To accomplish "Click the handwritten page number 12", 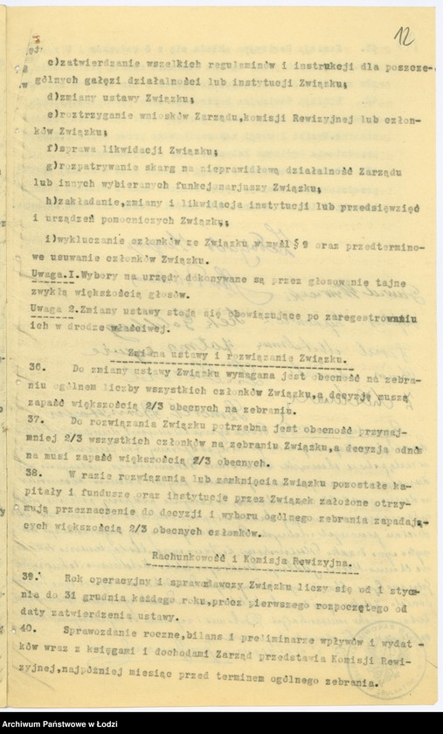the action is coord(404,36).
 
